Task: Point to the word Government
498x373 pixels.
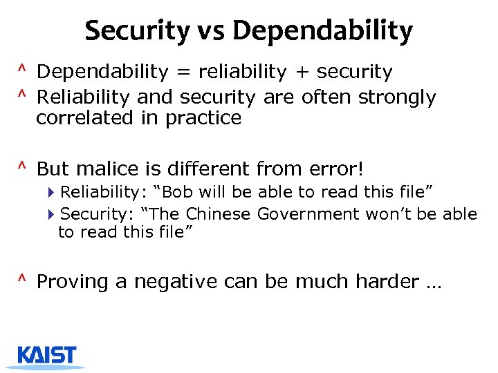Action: point(308,214)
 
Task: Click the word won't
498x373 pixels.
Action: point(389,214)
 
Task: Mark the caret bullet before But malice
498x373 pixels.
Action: point(22,166)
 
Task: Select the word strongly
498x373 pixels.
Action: point(396,97)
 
